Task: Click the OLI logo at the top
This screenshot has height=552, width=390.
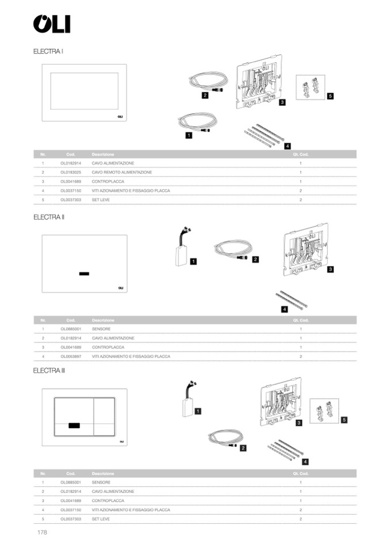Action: pyautogui.click(x=52, y=24)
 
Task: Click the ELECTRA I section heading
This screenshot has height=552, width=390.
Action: pyautogui.click(x=48, y=51)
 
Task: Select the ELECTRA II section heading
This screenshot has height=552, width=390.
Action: pyautogui.click(x=49, y=217)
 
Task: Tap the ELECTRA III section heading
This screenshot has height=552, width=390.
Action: pyautogui.click(x=49, y=370)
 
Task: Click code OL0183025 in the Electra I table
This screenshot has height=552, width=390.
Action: pyautogui.click(x=71, y=172)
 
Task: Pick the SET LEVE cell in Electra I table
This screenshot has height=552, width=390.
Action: pyautogui.click(x=101, y=199)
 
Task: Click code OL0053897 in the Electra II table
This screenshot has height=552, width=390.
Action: pyautogui.click(x=71, y=356)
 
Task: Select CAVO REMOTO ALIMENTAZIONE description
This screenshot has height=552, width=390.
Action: pyautogui.click(x=122, y=172)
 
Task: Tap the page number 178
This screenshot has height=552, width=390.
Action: pyautogui.click(x=41, y=532)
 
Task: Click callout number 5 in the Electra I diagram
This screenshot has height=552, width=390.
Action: pyautogui.click(x=330, y=96)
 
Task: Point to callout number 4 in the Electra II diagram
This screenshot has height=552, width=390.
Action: pyautogui.click(x=284, y=309)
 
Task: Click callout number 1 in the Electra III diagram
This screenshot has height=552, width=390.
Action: pyautogui.click(x=197, y=411)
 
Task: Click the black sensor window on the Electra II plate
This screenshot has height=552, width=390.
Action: pyautogui.click(x=85, y=273)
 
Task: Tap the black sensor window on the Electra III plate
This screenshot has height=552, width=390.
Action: pyautogui.click(x=75, y=425)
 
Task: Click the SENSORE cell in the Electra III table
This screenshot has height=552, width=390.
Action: pyautogui.click(x=101, y=482)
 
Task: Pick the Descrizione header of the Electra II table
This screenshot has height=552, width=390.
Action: pyautogui.click(x=103, y=320)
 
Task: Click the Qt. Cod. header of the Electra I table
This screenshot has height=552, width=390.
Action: pyautogui.click(x=301, y=154)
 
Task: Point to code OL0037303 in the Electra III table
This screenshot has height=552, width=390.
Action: pyautogui.click(x=71, y=519)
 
